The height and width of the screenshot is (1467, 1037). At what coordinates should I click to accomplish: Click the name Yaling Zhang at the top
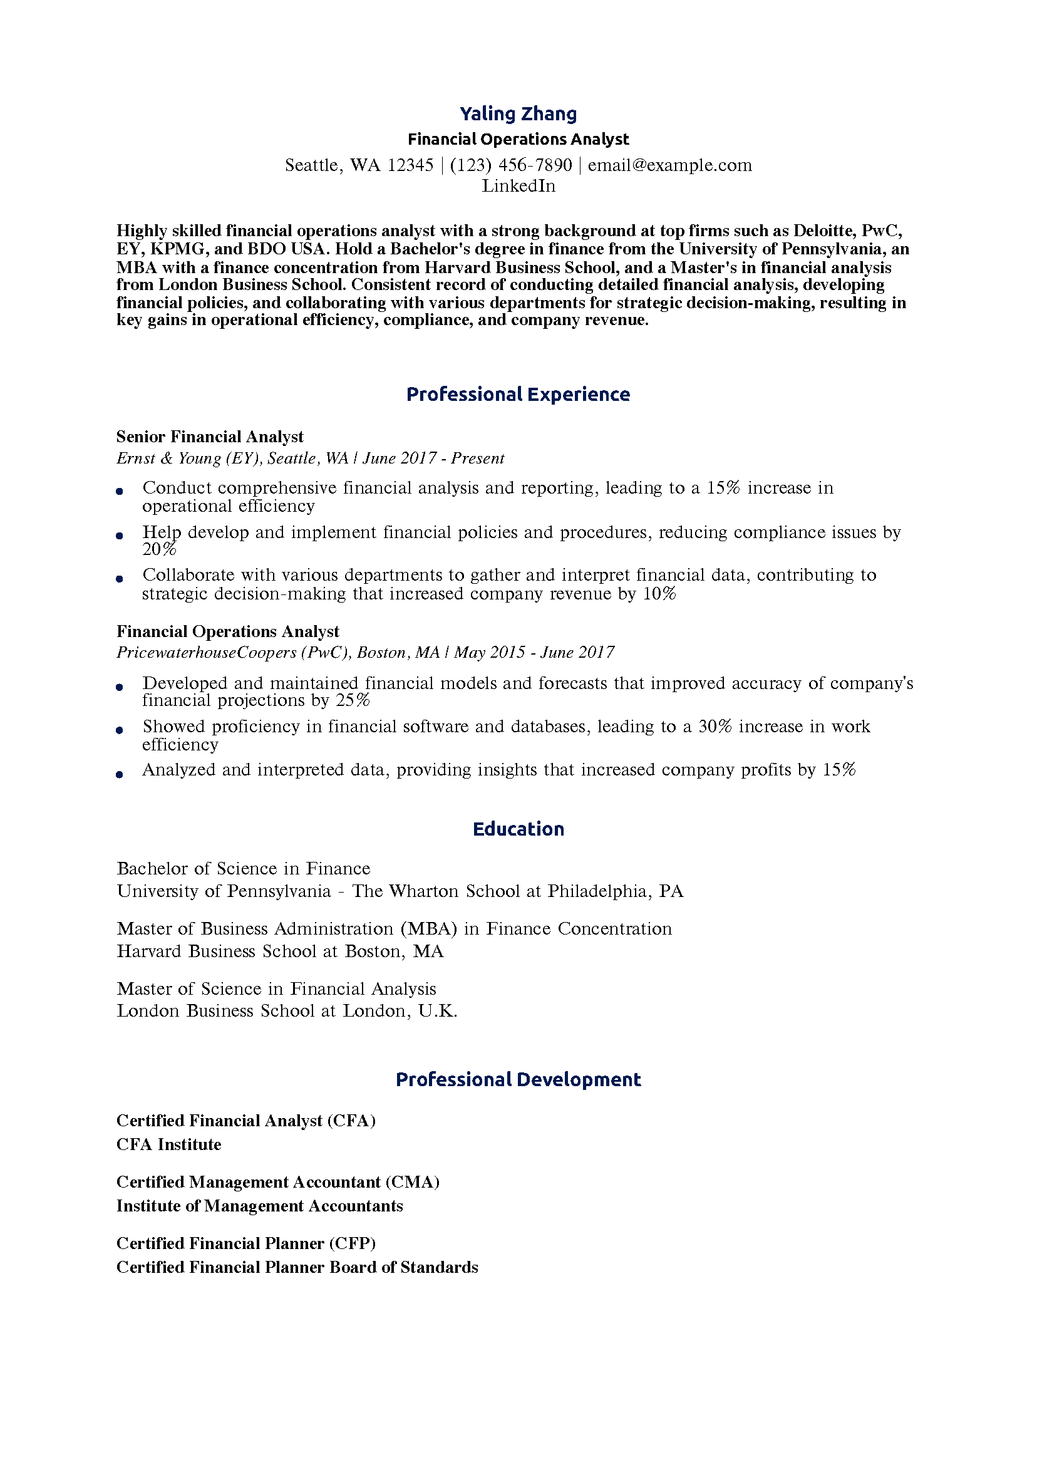[518, 114]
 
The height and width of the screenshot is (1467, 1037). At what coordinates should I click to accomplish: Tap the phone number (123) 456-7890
[510, 165]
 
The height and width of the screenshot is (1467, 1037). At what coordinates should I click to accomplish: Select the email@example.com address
[669, 165]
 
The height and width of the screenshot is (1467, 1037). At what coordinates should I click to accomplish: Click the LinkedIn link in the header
[518, 186]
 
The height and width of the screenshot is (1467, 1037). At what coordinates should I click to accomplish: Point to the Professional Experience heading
[518, 394]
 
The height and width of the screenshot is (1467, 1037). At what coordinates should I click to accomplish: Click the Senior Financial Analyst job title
[210, 437]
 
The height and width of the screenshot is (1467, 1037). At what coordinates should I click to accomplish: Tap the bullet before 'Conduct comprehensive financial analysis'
[120, 491]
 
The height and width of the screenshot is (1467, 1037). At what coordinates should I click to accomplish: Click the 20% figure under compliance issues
[158, 549]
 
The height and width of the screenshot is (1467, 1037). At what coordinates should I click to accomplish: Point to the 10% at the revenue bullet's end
[659, 594]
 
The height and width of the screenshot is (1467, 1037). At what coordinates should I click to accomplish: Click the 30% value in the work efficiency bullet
[715, 727]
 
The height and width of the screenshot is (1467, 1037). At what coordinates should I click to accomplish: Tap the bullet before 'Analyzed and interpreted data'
[120, 774]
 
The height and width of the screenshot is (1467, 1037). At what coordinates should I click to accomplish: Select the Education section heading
[518, 829]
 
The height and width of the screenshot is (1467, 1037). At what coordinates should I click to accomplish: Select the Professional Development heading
[518, 1079]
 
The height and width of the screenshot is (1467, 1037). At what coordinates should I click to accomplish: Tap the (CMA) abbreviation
[412, 1182]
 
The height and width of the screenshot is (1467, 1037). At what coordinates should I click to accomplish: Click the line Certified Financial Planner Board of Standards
[297, 1267]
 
